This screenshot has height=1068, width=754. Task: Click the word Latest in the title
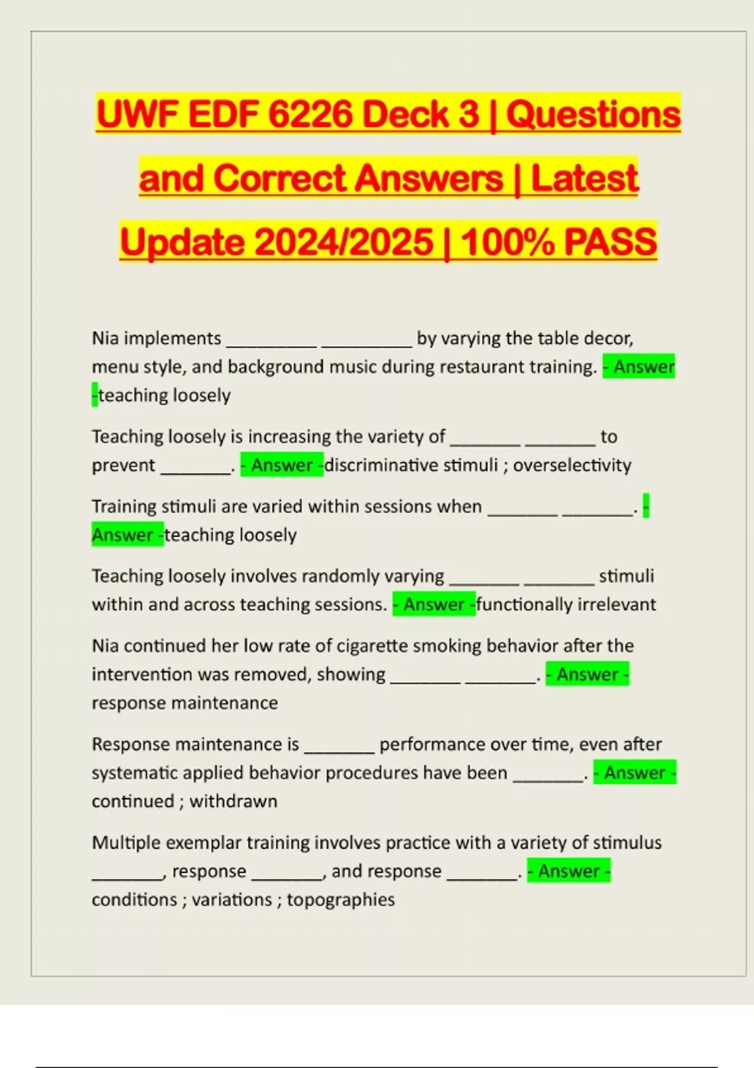(x=584, y=178)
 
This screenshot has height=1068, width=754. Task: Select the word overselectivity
(x=572, y=466)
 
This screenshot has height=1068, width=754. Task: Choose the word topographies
(x=341, y=900)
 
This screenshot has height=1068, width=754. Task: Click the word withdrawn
(x=233, y=802)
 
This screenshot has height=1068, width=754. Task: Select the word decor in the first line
(x=608, y=339)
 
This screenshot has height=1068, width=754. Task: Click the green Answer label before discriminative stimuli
(x=281, y=466)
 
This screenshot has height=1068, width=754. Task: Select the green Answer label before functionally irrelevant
(x=434, y=604)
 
